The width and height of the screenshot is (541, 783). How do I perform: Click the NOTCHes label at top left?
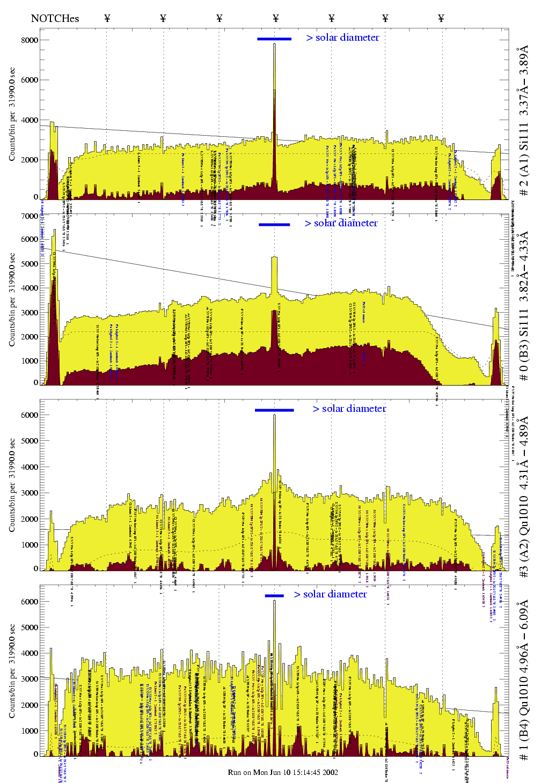tap(55, 18)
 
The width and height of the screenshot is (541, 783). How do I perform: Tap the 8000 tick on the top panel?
tap(30, 40)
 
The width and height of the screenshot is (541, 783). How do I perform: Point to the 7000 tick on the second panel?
tap(30, 216)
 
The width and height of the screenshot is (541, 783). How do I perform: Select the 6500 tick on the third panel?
tap(30, 415)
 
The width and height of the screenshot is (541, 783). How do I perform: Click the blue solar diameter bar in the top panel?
tap(274, 39)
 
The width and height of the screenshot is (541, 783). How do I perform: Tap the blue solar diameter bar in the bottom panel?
tap(274, 595)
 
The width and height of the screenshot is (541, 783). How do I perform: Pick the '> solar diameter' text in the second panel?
tap(341, 223)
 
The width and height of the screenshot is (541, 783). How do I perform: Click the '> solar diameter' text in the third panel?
tap(349, 409)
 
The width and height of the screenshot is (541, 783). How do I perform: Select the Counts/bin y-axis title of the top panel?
tap(12, 114)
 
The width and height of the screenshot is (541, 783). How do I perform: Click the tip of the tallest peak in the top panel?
tap(274, 44)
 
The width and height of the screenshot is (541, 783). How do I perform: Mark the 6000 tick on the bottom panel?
tap(30, 602)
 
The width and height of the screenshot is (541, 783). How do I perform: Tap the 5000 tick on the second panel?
tap(30, 264)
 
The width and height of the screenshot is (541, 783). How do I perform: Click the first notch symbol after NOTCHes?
tap(107, 18)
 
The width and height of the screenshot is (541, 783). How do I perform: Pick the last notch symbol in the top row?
tap(441, 18)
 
